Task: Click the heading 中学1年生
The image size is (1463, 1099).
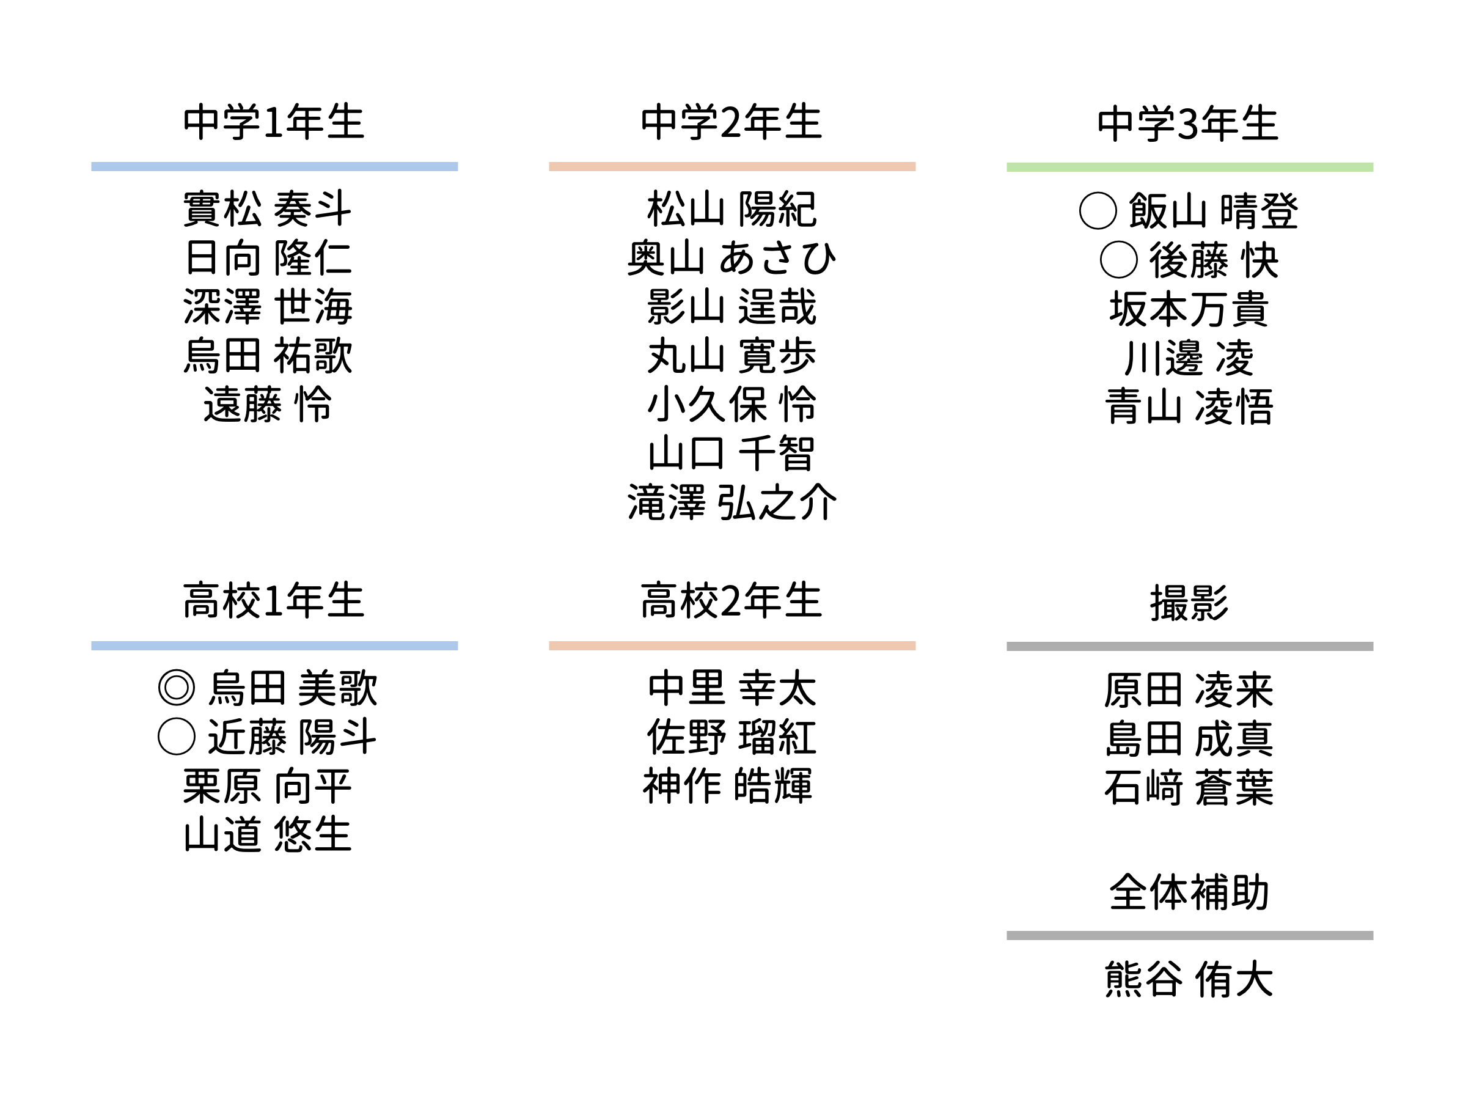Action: tap(274, 122)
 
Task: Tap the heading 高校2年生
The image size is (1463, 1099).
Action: tap(732, 601)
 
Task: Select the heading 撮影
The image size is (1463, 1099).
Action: tap(1189, 603)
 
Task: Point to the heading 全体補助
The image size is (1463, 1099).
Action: tap(1189, 892)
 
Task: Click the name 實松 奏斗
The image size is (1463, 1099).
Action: tap(267, 209)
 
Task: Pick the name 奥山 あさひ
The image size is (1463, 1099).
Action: tap(732, 258)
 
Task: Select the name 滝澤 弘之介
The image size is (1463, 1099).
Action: tap(732, 502)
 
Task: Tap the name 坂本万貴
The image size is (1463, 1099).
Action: tap(1189, 309)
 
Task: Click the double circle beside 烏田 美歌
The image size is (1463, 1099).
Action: tap(177, 688)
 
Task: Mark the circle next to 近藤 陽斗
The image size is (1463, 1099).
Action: tap(177, 737)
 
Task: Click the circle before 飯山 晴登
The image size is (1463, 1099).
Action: tap(1098, 211)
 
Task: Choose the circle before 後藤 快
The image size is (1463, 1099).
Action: tap(1118, 260)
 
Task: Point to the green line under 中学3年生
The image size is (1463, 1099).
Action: tap(1189, 167)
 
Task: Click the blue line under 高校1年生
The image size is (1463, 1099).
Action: tap(274, 646)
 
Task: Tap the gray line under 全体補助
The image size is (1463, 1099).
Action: tap(1189, 936)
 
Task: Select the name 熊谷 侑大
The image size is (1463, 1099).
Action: tap(1189, 979)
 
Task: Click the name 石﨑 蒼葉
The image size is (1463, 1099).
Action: tap(1189, 787)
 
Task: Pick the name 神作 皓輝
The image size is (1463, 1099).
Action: tap(728, 785)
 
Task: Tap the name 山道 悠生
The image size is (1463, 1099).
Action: tap(267, 834)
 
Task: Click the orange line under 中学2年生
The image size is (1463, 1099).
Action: tap(732, 167)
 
